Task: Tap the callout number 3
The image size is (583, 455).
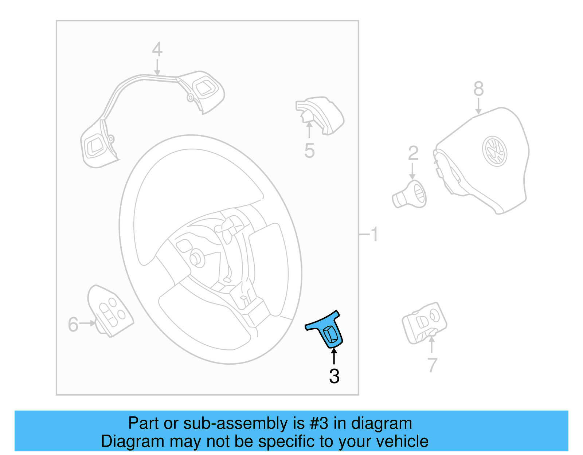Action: coord(334,376)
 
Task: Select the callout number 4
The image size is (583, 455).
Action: coord(157,50)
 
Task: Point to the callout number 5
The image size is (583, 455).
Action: coord(309,151)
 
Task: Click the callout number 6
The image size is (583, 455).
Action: coord(73,324)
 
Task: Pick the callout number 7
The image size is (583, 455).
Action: coord(432,365)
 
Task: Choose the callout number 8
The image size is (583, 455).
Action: coord(478,89)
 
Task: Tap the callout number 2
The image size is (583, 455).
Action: coord(413,153)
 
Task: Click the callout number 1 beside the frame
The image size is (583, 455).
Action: coord(375,234)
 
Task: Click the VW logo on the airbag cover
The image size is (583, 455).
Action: coord(494,151)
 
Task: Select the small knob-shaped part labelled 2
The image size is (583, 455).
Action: coord(410,195)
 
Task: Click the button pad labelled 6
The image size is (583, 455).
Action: coord(110,310)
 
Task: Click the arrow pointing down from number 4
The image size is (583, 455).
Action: coord(157,68)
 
